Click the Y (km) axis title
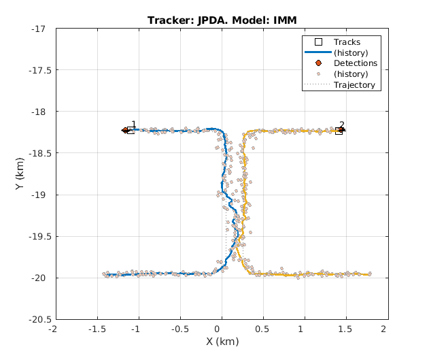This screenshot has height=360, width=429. coord(21,174)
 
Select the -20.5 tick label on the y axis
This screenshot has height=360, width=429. coord(37,319)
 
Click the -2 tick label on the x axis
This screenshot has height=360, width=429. coord(54,329)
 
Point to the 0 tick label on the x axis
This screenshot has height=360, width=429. coord(222,329)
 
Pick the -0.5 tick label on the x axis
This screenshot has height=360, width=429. coord(179,329)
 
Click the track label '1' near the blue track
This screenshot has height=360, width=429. coord(133,125)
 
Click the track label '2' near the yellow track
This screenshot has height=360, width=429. coord(341,125)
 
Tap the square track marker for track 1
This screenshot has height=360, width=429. coord(131,130)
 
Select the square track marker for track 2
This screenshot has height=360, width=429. coord(339,131)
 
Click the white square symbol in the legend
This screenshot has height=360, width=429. coord(318,42)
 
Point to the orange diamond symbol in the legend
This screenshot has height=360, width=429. coord(318,63)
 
